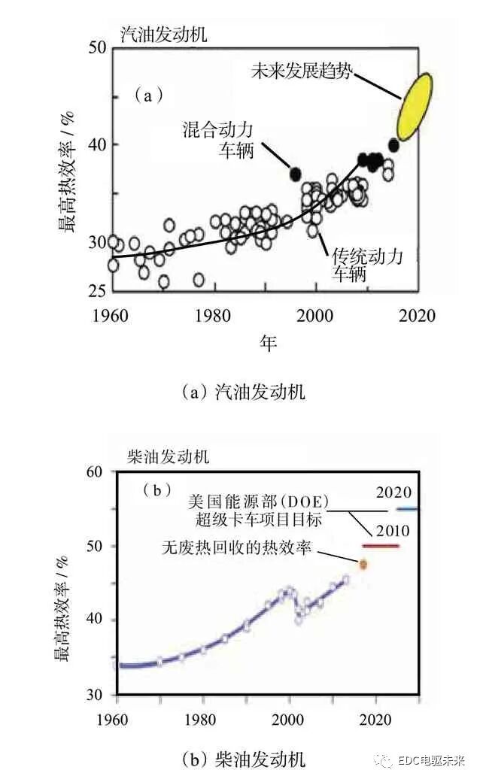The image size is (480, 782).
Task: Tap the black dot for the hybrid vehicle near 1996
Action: point(296,174)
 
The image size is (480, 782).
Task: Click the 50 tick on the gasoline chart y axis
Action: point(95,47)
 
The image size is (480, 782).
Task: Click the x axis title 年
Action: point(269,343)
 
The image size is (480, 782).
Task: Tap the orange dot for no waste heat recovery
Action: point(363,563)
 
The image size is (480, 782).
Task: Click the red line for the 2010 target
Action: point(381,545)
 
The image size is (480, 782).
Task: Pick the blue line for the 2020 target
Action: point(408,509)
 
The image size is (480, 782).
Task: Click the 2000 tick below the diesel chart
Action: point(290,717)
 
